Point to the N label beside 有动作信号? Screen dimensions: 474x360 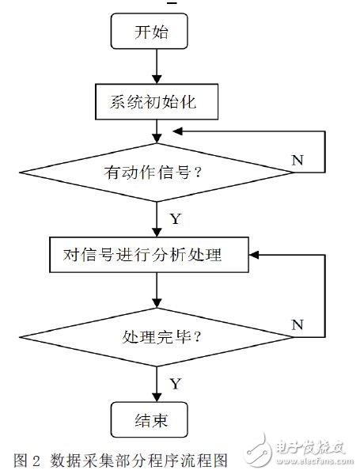297,159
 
